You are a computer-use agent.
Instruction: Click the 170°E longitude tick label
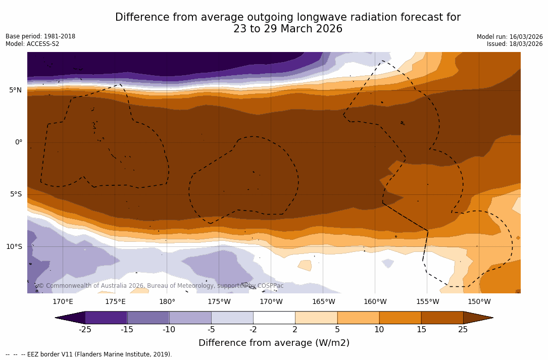pyautogui.click(x=63, y=302)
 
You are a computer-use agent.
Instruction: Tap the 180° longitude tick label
pyautogui.click(x=167, y=302)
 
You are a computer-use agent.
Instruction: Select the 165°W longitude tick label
pyautogui.click(x=323, y=302)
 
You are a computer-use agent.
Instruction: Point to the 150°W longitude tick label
pyautogui.click(x=479, y=302)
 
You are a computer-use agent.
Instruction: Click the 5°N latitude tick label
pyautogui.click(x=15, y=90)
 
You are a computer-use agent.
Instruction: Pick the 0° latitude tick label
pyautogui.click(x=18, y=142)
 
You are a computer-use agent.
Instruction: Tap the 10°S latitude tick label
pyautogui.click(x=14, y=247)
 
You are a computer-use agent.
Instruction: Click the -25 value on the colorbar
pyautogui.click(x=85, y=330)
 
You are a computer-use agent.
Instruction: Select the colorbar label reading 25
pyautogui.click(x=463, y=330)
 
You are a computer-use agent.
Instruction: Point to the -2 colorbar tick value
pyautogui.click(x=253, y=330)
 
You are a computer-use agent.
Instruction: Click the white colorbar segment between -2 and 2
pyautogui.click(x=274, y=318)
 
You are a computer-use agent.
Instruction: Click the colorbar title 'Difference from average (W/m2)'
pyautogui.click(x=274, y=343)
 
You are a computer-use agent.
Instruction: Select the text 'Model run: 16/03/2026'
pyautogui.click(x=510, y=37)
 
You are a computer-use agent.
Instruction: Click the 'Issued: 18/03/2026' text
pyautogui.click(x=515, y=44)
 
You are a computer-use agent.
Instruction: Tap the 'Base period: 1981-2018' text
pyautogui.click(x=40, y=36)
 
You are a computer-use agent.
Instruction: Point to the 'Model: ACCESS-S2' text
pyautogui.click(x=32, y=44)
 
